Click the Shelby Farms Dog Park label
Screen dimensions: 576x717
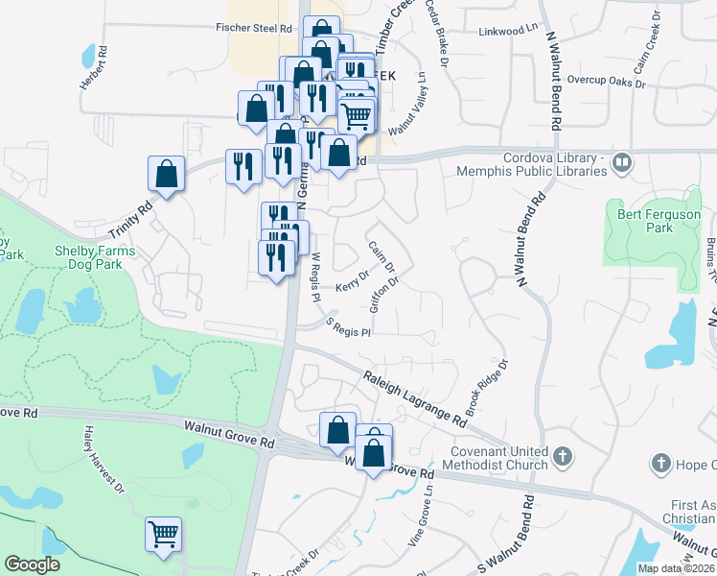pos(95,257)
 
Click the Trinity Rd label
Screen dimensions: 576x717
pos(130,221)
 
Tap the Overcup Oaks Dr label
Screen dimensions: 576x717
pos(606,82)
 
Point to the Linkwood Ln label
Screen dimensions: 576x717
pos(508,32)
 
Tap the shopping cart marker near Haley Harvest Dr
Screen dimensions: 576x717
pos(163,532)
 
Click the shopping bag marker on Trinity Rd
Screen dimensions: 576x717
pos(166,174)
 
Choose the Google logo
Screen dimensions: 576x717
pos(32,564)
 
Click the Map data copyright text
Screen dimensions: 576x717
pos(677,568)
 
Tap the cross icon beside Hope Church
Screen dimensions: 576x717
pos(659,464)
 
